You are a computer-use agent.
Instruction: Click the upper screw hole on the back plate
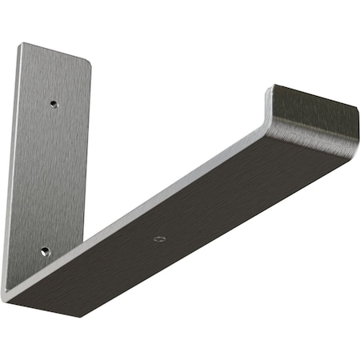click(53, 103)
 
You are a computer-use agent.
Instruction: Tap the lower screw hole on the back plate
click(46, 250)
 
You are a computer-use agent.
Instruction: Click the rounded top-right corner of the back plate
click(88, 65)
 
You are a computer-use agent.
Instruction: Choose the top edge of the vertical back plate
click(56, 52)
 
